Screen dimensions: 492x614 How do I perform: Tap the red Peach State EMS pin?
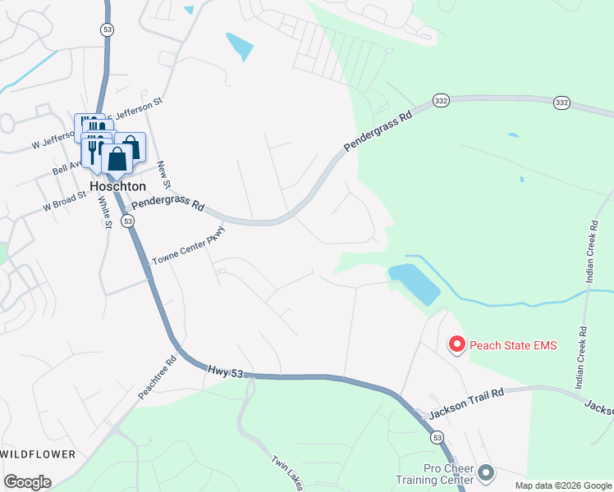coord(456,345)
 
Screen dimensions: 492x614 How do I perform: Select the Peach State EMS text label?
coord(512,346)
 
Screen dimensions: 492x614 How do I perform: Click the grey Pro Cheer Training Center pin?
coord(486,473)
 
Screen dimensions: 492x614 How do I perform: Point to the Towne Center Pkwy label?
coord(187,246)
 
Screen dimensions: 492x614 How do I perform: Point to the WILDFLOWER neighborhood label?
coord(38,453)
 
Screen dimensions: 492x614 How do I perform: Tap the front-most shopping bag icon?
coord(117,159)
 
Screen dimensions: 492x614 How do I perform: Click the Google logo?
coord(27,482)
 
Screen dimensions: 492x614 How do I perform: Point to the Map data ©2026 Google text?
coord(563,485)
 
